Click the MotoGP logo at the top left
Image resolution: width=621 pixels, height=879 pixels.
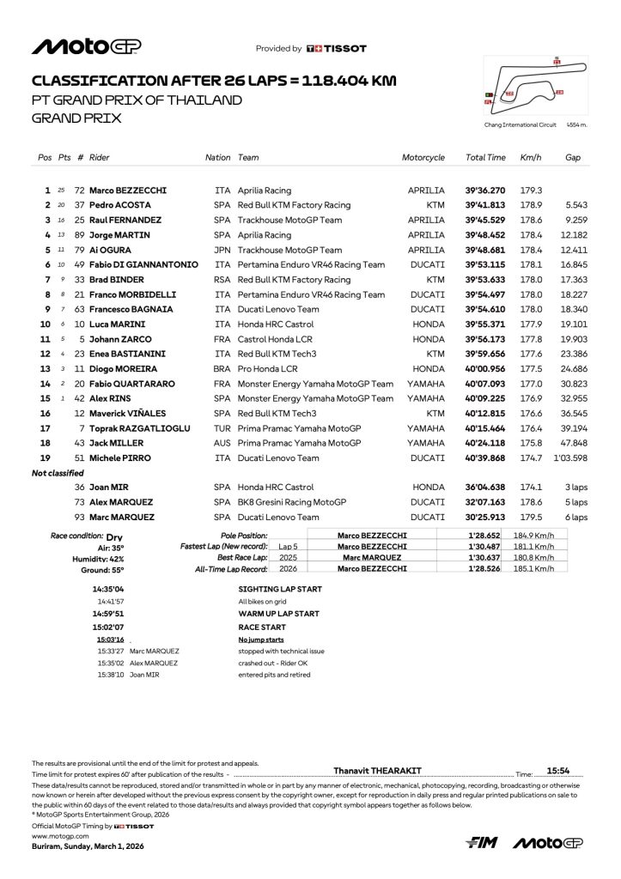click(x=86, y=47)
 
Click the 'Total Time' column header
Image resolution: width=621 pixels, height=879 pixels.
click(x=485, y=158)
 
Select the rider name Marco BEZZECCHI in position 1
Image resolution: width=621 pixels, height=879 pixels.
click(x=128, y=191)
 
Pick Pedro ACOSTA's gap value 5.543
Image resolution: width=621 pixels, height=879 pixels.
click(x=575, y=205)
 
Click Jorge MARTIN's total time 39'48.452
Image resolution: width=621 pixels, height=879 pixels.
click(x=485, y=235)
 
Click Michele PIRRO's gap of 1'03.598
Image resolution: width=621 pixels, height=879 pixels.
click(x=570, y=458)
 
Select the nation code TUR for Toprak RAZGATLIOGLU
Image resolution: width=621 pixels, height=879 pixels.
click(x=222, y=428)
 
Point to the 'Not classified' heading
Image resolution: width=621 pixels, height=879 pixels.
click(x=58, y=473)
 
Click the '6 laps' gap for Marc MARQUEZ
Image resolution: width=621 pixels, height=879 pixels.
click(x=575, y=518)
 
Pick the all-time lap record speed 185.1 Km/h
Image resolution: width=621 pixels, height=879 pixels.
click(x=533, y=568)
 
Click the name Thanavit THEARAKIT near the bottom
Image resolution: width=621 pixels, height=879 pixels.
click(x=377, y=771)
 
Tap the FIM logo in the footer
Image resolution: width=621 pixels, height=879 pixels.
click(x=482, y=844)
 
